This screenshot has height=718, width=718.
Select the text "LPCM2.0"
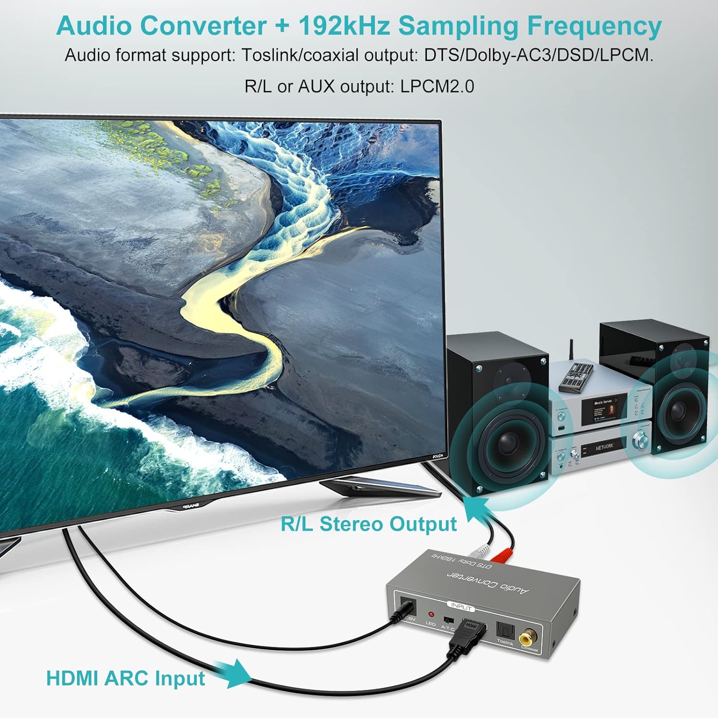click(x=437, y=87)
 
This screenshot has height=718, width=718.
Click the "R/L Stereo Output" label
click(x=369, y=524)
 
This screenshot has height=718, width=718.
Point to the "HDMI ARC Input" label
click(x=125, y=678)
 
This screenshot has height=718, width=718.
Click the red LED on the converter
click(x=431, y=614)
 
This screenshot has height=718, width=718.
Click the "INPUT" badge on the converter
click(x=461, y=606)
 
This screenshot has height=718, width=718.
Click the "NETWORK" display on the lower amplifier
click(x=604, y=447)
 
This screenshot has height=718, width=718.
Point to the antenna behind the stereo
click(x=571, y=352)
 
